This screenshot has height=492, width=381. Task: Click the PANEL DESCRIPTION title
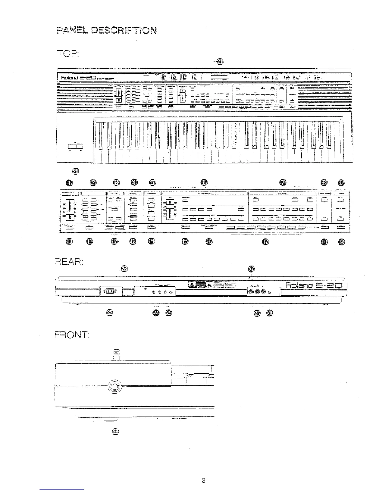coord(106,30)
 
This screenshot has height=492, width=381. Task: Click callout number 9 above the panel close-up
coord(341,183)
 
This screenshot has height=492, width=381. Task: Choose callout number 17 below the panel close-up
coord(266,242)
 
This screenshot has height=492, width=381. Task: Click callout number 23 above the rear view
coord(124,268)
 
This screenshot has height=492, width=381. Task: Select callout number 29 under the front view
coord(115,431)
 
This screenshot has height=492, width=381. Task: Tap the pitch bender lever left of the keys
coord(75,146)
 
